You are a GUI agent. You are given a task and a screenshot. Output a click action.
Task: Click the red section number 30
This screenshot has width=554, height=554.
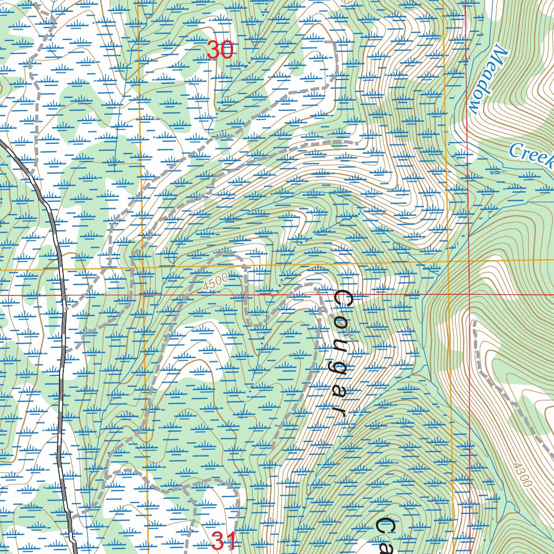click(x=220, y=50)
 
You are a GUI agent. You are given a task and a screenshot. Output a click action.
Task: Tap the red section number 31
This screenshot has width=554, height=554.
click(x=223, y=541)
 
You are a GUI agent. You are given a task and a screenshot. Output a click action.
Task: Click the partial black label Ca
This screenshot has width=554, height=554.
click(x=386, y=536)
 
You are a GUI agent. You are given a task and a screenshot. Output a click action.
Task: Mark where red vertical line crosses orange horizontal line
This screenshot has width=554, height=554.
click(x=467, y=261)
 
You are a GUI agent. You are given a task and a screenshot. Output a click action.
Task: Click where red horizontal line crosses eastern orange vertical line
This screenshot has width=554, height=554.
click(x=448, y=295)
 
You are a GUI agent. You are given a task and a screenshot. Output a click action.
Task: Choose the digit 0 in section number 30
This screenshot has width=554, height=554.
click(x=226, y=50)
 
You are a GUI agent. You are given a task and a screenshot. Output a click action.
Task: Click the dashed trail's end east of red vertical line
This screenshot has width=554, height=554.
click(x=474, y=322)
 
